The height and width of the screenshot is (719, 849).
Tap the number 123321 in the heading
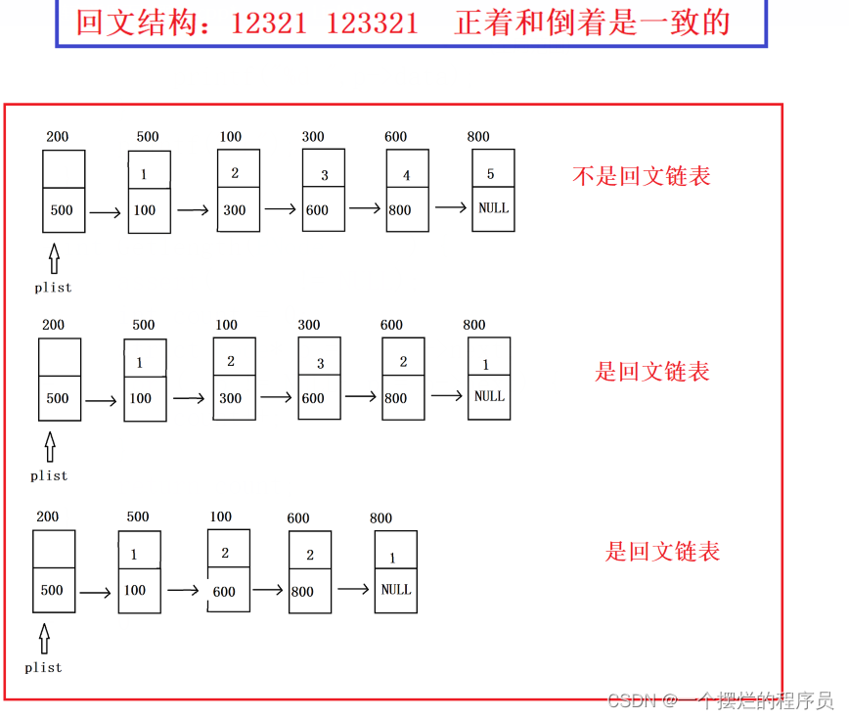(372, 22)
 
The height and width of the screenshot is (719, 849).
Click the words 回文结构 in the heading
(138, 22)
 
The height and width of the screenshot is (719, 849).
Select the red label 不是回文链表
(641, 176)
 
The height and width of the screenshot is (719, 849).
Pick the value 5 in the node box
(491, 174)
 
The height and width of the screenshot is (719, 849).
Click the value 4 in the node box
(407, 176)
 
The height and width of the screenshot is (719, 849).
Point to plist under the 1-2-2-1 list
(43, 667)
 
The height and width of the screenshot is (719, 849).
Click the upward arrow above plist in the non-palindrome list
(54, 258)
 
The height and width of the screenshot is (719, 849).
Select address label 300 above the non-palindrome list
(313, 137)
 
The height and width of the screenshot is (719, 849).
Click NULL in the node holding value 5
(493, 208)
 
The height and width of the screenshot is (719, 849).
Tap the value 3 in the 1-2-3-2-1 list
(320, 364)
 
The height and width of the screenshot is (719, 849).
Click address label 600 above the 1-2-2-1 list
(298, 518)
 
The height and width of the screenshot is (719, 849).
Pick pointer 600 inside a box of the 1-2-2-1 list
(224, 591)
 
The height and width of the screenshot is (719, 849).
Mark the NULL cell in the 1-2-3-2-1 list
(489, 396)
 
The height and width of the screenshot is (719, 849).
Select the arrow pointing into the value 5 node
(451, 207)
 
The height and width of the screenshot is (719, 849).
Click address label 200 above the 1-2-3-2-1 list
(54, 325)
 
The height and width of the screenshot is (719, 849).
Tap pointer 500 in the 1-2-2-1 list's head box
(52, 590)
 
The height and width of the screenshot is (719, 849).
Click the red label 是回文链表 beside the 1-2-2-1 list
(662, 552)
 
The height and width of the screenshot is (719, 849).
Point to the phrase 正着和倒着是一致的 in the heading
(593, 22)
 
